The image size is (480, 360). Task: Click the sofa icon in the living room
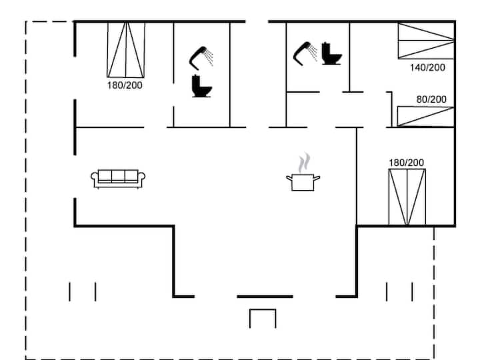(x=118, y=178)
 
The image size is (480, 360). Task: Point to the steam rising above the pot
(x=304, y=162)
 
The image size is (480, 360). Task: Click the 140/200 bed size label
(x=428, y=67)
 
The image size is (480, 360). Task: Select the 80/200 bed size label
(x=431, y=99)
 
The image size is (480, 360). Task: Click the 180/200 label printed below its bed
(x=125, y=85)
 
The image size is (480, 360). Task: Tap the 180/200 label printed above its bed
(x=406, y=162)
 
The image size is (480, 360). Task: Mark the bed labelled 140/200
(x=426, y=41)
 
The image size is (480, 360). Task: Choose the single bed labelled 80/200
(x=425, y=117)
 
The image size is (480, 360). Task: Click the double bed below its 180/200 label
(x=407, y=197)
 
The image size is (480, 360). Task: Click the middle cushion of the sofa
(x=118, y=177)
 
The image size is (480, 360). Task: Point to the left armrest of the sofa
(x=95, y=178)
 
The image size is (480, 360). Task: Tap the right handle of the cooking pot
(x=317, y=177)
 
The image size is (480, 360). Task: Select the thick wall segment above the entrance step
(x=265, y=296)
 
